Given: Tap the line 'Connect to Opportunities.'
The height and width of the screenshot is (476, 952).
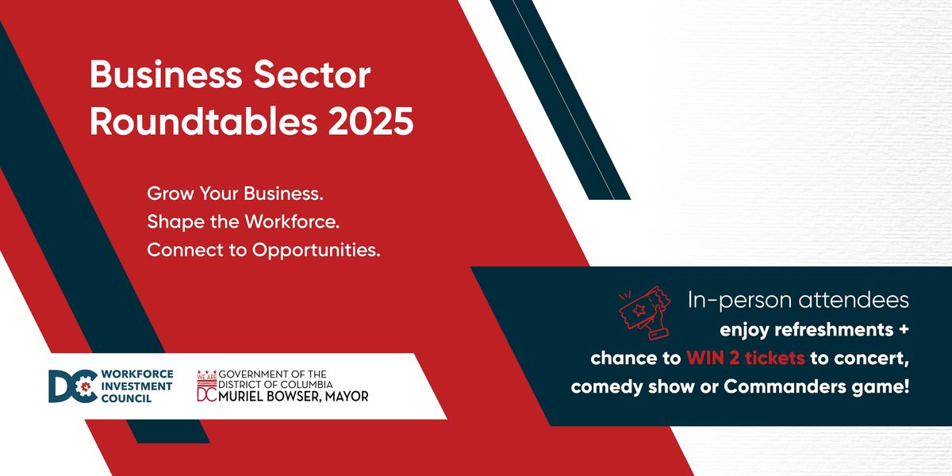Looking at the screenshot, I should tap(264, 250).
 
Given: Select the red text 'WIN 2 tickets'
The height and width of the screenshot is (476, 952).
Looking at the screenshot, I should tap(746, 358).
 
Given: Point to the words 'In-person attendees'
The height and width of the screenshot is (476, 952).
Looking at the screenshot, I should tap(798, 301).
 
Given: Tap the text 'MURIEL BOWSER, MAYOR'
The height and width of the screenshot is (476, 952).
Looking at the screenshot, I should tap(294, 396).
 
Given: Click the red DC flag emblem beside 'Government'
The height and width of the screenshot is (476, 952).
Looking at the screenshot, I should tap(206, 386).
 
